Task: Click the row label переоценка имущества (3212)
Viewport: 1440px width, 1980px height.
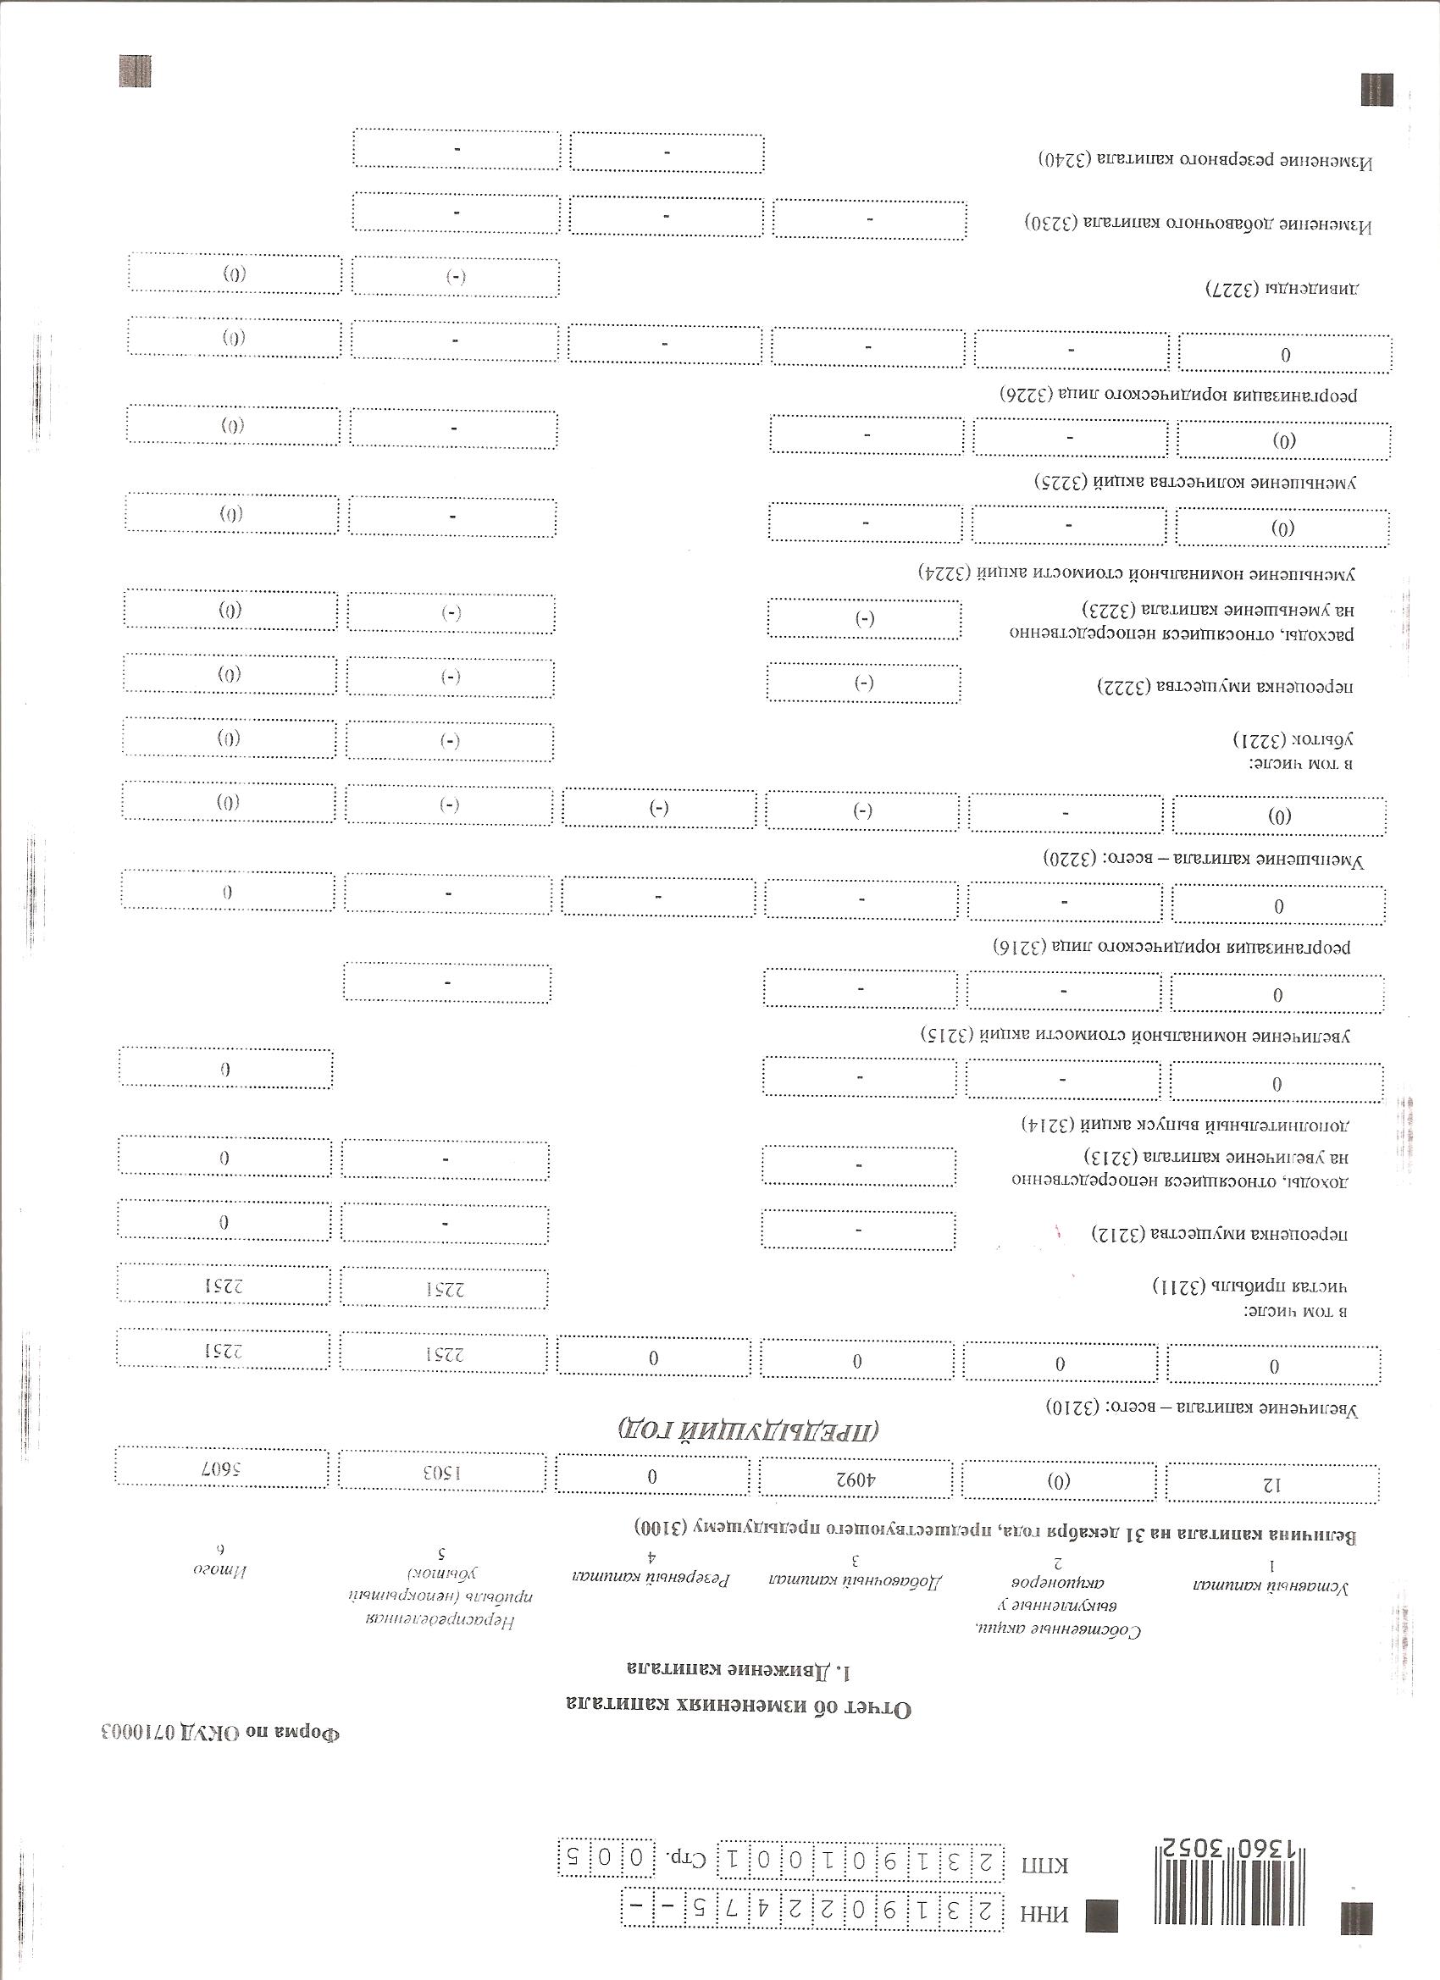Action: [1221, 1234]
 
